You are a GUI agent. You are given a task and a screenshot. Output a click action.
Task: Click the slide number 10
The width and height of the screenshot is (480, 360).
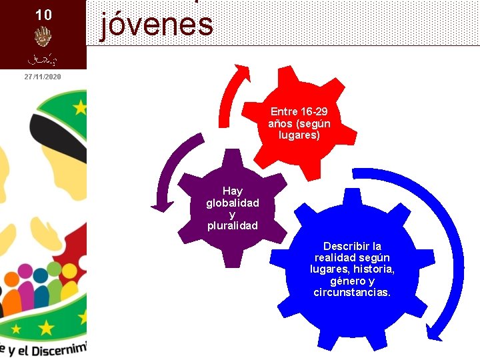(x=43, y=14)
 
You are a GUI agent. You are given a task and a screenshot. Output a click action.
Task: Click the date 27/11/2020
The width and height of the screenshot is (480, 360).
(x=43, y=77)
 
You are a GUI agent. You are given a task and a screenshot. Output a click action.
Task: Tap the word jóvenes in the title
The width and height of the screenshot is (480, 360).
(x=157, y=25)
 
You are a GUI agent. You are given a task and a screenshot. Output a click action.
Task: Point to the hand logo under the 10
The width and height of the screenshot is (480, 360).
(x=43, y=36)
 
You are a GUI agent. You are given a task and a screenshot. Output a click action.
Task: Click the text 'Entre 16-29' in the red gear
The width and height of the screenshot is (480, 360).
(x=299, y=111)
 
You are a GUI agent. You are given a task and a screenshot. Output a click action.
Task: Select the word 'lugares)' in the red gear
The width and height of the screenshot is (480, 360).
(x=299, y=135)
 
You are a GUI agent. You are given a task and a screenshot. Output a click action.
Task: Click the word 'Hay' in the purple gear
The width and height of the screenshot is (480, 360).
(x=233, y=191)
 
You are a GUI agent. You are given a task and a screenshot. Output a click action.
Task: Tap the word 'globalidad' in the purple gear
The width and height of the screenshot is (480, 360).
(x=233, y=203)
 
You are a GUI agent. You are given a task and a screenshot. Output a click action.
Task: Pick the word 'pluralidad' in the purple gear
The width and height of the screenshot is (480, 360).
(x=233, y=225)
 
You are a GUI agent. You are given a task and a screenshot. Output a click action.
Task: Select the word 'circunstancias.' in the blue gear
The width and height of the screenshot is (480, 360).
(x=352, y=292)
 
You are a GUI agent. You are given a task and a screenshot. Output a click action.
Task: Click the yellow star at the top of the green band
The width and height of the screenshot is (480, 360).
(x=81, y=107)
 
